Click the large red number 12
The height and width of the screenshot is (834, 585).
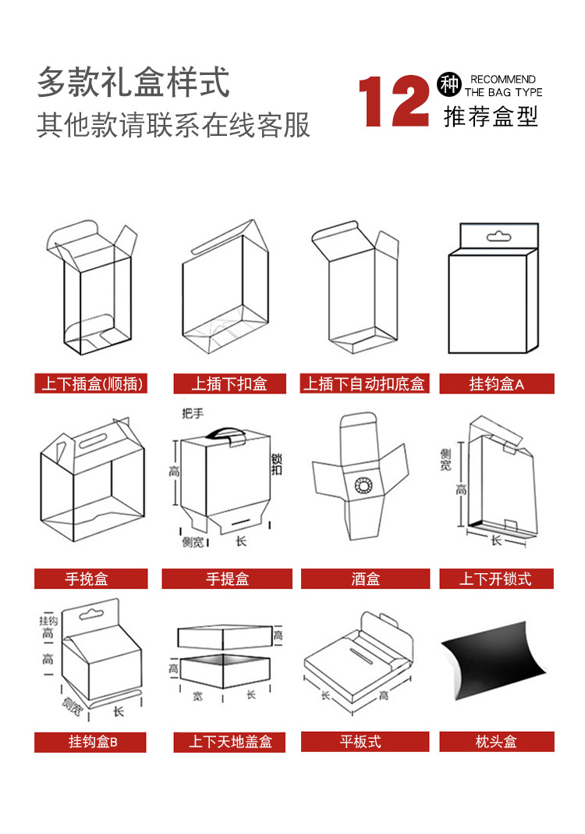(x=395, y=102)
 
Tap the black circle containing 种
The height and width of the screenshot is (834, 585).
(x=450, y=82)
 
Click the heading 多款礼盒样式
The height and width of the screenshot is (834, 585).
(x=133, y=82)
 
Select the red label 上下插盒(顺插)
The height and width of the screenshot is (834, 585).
(x=91, y=383)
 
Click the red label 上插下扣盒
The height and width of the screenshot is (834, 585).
(x=229, y=383)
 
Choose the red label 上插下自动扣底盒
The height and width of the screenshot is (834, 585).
(x=365, y=383)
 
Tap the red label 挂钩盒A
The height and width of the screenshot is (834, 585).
(x=497, y=383)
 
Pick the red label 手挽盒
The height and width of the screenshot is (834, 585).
(x=90, y=579)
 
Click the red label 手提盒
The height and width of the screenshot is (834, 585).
(x=227, y=579)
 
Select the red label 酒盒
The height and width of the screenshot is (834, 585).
(x=365, y=579)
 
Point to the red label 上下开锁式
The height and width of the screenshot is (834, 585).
(x=497, y=579)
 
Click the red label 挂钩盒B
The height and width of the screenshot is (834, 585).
(x=90, y=742)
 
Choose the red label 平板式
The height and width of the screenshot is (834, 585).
(x=365, y=742)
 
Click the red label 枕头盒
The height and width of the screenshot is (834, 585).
(x=497, y=742)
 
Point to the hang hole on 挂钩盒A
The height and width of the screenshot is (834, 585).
(x=495, y=235)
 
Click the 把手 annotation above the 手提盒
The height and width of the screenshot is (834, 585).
(x=192, y=412)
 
